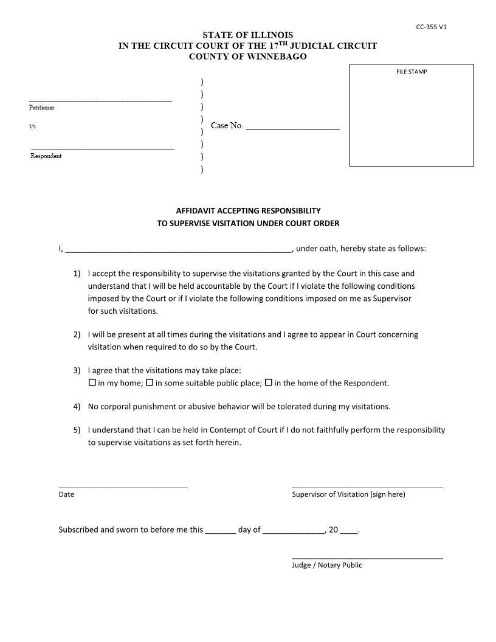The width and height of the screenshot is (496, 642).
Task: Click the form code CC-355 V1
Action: (432, 27)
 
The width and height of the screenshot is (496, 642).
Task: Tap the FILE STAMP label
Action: (412, 72)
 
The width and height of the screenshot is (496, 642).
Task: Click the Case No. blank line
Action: (292, 128)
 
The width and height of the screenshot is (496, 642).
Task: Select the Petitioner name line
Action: (100, 98)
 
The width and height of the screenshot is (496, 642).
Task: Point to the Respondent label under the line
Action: (46, 156)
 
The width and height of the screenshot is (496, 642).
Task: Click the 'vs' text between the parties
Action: (32, 126)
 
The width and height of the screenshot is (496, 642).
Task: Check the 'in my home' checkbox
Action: (92, 383)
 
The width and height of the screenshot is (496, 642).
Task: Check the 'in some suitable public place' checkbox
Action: (150, 383)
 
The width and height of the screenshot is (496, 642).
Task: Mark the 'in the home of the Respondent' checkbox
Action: (269, 383)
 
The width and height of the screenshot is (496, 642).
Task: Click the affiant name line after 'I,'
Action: (178, 249)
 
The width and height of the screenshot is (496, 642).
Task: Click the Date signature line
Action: (123, 486)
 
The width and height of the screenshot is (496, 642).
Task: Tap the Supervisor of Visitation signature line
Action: (367, 486)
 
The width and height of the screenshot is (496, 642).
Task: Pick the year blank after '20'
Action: (349, 531)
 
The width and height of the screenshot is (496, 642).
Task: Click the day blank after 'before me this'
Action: (221, 531)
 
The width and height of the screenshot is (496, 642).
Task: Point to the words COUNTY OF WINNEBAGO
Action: (248, 57)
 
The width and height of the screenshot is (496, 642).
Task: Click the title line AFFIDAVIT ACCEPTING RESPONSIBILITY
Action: (248, 211)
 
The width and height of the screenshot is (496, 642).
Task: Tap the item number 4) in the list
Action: (77, 406)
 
